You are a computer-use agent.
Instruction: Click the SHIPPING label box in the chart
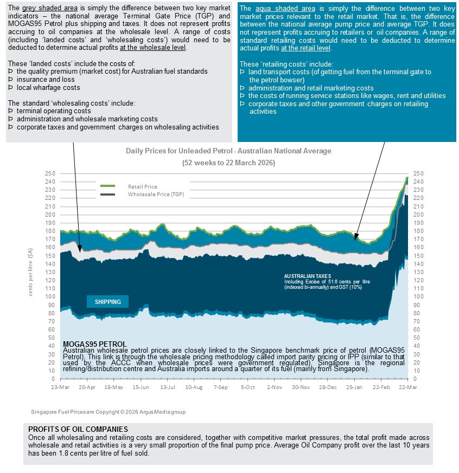107,302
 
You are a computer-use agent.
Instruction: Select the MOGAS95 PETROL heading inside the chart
95,344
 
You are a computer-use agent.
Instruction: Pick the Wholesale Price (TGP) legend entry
156,194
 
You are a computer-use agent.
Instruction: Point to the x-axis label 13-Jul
167,387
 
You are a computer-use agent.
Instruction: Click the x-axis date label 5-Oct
247,387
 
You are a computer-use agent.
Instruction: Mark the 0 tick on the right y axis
415,379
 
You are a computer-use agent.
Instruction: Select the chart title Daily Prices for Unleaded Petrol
228,151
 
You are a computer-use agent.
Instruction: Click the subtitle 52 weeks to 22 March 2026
228,163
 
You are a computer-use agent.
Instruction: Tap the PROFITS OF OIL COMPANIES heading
78,429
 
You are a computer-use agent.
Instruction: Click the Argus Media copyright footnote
109,412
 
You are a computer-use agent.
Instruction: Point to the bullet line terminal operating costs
54,111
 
